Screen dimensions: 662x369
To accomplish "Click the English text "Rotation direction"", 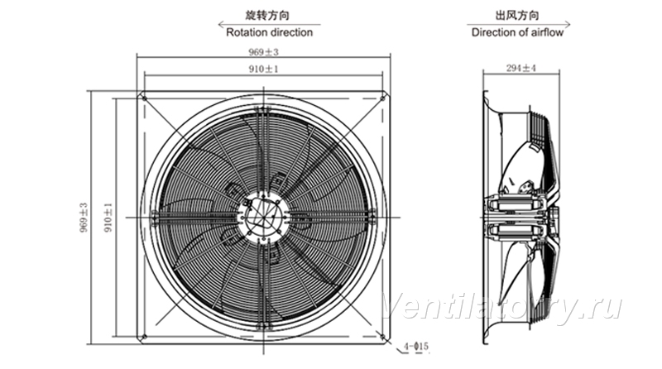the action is click(x=270, y=32).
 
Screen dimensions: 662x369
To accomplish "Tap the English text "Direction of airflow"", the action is click(x=518, y=32).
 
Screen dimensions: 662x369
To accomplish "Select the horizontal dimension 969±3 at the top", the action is click(x=263, y=52).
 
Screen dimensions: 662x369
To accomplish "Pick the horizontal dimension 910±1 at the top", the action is click(x=263, y=69).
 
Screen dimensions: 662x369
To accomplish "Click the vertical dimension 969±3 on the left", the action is click(x=84, y=218).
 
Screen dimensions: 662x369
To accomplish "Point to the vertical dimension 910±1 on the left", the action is click(x=108, y=218).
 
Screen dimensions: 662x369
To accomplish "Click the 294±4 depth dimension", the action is click(x=521, y=68).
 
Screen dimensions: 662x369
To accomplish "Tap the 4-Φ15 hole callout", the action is click(x=416, y=347).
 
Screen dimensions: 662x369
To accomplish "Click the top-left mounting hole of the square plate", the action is click(x=144, y=98).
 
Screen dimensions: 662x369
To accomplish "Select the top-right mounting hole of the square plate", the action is click(x=382, y=98).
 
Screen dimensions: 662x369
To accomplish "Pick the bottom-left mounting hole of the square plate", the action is click(x=144, y=337).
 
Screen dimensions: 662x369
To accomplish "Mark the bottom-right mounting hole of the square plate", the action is click(x=382, y=337).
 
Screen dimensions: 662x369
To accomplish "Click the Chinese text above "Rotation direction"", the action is click(x=267, y=16).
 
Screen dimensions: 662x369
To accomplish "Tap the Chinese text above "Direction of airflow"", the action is click(x=517, y=16).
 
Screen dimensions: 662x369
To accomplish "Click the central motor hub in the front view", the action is click(x=263, y=217).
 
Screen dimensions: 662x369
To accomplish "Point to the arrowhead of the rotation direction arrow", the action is click(x=220, y=25).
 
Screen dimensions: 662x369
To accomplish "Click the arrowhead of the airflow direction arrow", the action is click(x=568, y=25).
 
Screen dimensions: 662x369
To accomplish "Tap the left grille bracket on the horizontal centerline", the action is click(x=155, y=217).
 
